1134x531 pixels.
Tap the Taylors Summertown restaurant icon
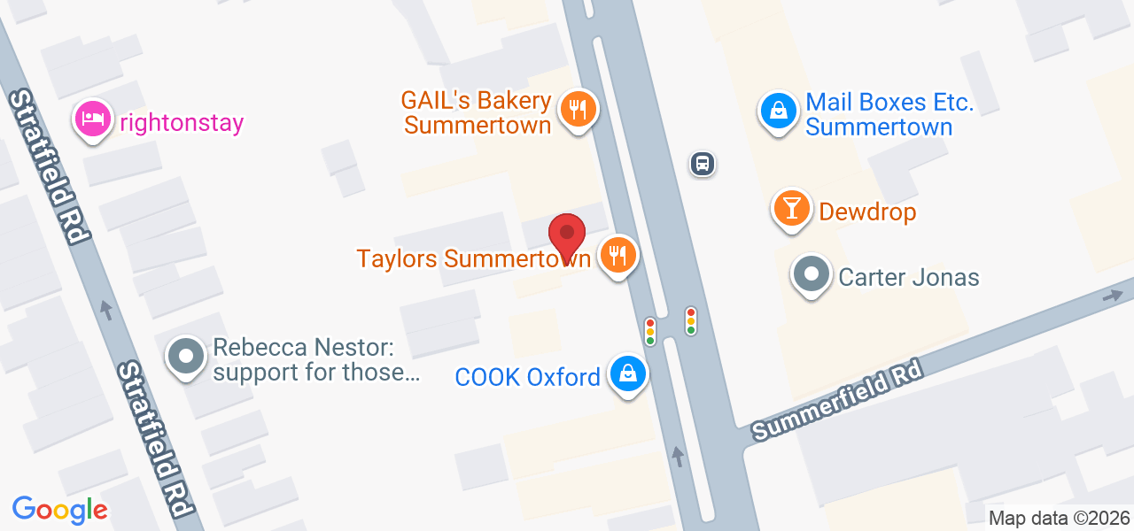pyautogui.click(x=618, y=256)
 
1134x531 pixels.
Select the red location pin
pyautogui.click(x=567, y=236)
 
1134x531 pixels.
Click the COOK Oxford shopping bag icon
pyautogui.click(x=628, y=374)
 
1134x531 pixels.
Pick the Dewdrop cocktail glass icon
pyautogui.click(x=792, y=209)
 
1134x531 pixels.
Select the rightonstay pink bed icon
pyautogui.click(x=93, y=119)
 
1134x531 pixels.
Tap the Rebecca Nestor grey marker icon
pyautogui.click(x=186, y=356)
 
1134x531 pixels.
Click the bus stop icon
pyautogui.click(x=703, y=163)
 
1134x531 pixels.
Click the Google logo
pyautogui.click(x=59, y=509)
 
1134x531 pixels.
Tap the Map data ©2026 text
pyautogui.click(x=1060, y=518)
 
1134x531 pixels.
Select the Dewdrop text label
pyautogui.click(x=867, y=212)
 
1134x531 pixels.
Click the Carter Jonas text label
pyautogui.click(x=909, y=277)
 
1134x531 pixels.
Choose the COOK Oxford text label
pyautogui.click(x=527, y=377)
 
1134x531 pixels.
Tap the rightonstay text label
pyautogui.click(x=181, y=123)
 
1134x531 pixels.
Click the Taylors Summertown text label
pyautogui.click(x=473, y=258)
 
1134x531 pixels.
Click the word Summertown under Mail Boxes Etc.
pyautogui.click(x=879, y=127)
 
